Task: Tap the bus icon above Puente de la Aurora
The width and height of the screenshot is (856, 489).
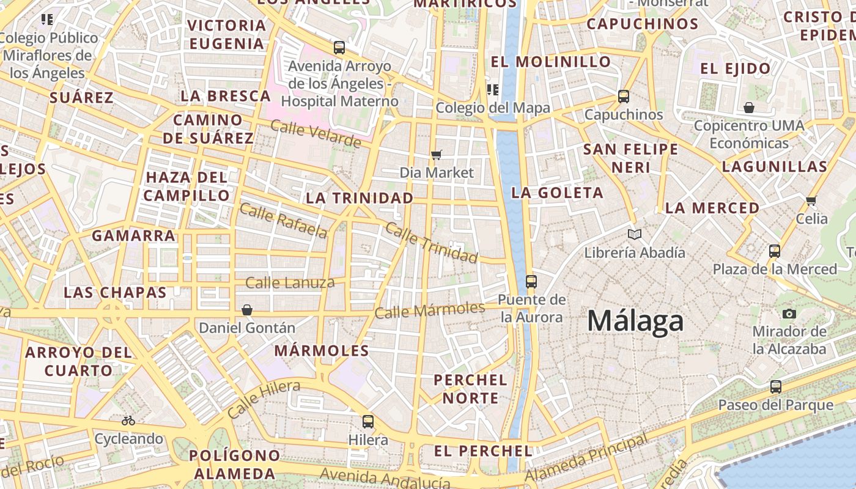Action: click(531, 282)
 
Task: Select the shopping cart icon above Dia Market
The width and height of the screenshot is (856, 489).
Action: click(436, 155)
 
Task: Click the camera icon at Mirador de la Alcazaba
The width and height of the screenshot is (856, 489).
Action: click(789, 314)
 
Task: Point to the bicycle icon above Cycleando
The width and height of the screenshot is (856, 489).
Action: click(128, 421)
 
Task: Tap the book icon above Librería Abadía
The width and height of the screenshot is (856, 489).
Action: click(635, 234)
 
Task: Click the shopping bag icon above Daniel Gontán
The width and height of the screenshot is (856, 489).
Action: click(247, 311)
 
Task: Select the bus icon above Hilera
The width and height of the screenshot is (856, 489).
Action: click(367, 422)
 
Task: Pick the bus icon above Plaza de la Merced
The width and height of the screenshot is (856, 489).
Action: click(774, 251)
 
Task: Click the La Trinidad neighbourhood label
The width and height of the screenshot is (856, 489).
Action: click(360, 198)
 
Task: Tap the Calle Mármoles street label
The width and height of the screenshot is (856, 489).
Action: click(430, 311)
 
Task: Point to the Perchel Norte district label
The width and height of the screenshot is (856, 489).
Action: click(470, 389)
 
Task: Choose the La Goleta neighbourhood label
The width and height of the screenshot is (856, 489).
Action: click(557, 193)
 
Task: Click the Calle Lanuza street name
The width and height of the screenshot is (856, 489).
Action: click(290, 282)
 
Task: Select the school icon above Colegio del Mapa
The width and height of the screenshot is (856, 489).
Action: click(492, 90)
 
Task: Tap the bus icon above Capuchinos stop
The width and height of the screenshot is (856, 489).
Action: click(623, 97)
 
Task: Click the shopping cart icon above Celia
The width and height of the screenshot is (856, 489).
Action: click(811, 200)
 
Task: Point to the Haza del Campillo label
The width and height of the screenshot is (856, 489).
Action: click(186, 186)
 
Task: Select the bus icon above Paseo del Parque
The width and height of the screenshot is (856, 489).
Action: click(775, 387)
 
